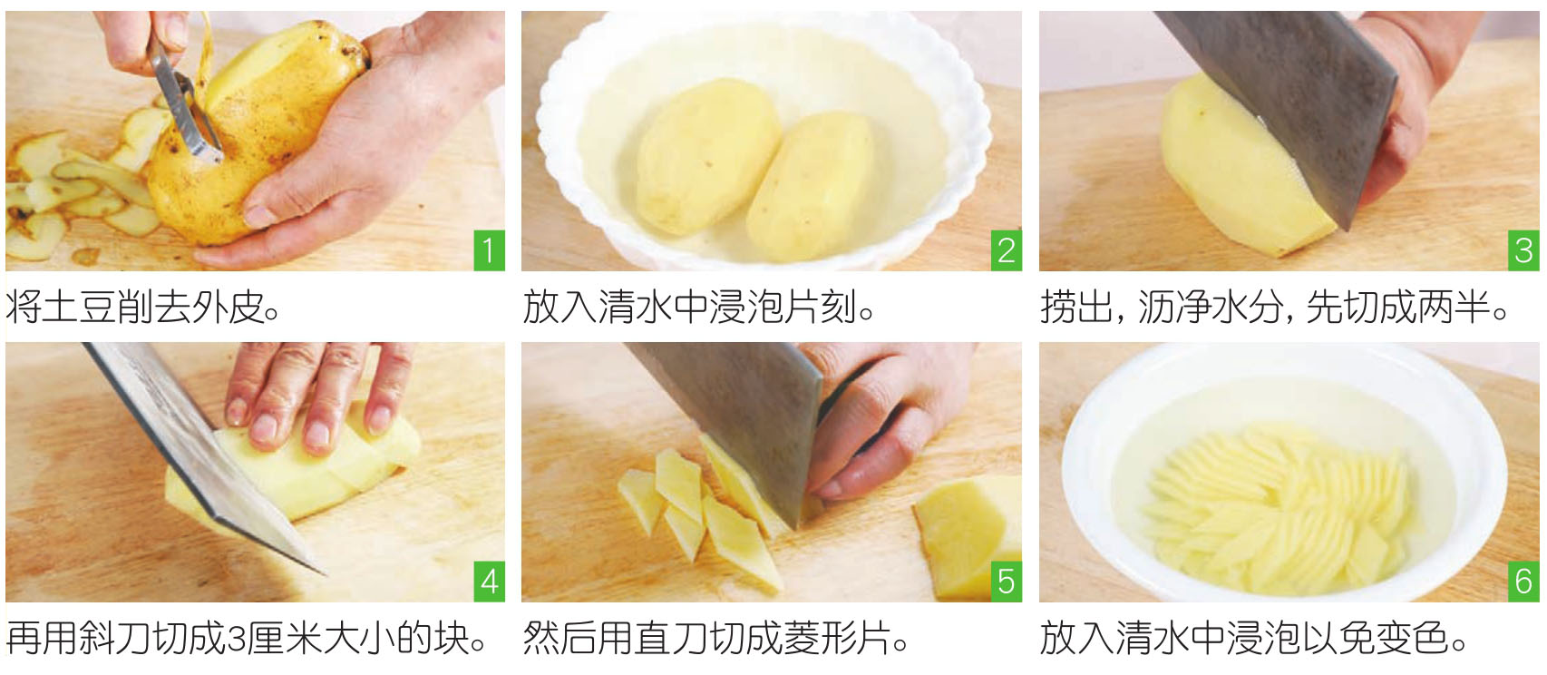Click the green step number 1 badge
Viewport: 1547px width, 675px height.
coord(489,250)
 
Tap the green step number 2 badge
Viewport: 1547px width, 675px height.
coord(1007,250)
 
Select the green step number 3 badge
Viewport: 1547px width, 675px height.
coord(1523,250)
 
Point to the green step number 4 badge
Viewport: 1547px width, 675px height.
coord(489,581)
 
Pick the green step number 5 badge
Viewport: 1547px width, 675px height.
coord(1007,581)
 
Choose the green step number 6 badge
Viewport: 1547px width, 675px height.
coord(1523,581)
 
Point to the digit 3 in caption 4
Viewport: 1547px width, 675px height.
coord(236,639)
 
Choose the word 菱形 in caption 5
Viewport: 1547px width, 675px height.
coord(819,639)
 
